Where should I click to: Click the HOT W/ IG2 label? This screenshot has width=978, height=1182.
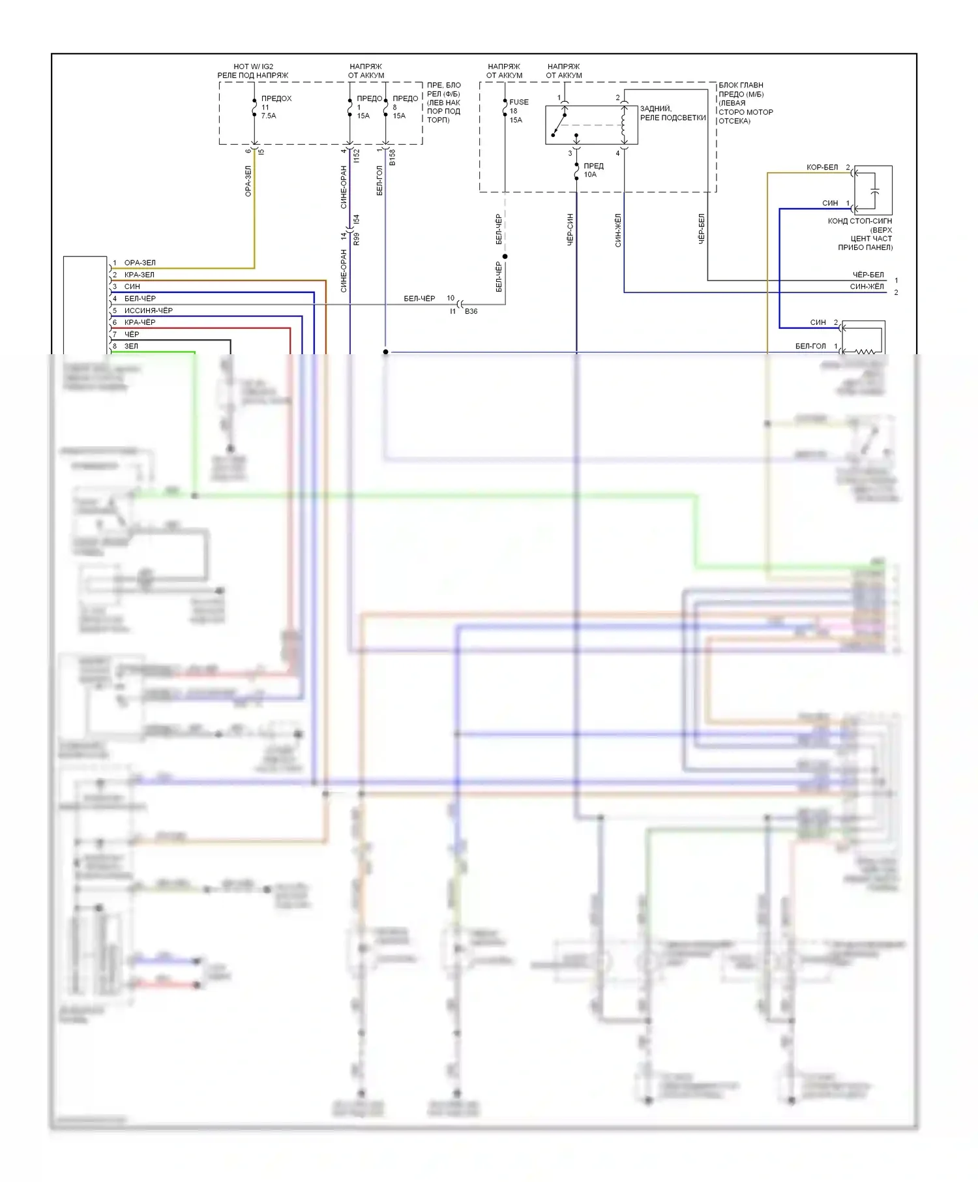(253, 67)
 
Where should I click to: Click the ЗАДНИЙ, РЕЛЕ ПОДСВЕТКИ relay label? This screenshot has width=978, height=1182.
(672, 114)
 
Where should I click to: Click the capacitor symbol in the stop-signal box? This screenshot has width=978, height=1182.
(875, 190)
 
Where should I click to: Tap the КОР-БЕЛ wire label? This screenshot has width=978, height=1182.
(822, 168)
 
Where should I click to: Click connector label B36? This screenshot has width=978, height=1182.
(471, 311)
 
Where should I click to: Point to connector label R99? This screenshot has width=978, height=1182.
(356, 239)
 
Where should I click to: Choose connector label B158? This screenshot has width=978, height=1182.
(393, 157)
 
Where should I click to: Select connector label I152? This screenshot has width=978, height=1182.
(356, 156)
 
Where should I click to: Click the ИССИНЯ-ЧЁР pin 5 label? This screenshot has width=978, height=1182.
(148, 311)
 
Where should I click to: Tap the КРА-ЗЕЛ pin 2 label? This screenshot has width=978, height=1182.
(139, 275)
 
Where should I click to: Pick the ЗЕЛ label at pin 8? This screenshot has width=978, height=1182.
(131, 346)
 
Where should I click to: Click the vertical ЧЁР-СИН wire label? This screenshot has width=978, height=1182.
(570, 229)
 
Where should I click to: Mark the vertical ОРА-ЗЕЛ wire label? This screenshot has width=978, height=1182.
(248, 181)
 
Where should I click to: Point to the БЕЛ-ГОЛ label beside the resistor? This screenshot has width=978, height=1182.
(810, 346)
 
